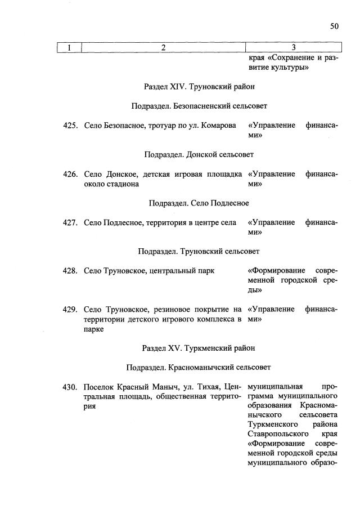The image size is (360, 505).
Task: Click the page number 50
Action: point(334,26)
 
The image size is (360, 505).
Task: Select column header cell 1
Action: point(70,47)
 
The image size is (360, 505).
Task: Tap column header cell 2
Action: point(163,47)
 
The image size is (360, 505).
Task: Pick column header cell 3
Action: point(293,47)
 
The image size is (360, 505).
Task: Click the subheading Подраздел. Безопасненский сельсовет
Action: point(199,106)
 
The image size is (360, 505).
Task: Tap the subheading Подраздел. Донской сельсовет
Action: point(199,154)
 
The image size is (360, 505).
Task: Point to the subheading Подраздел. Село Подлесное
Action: point(199,203)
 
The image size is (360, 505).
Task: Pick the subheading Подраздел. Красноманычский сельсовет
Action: point(199,367)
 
